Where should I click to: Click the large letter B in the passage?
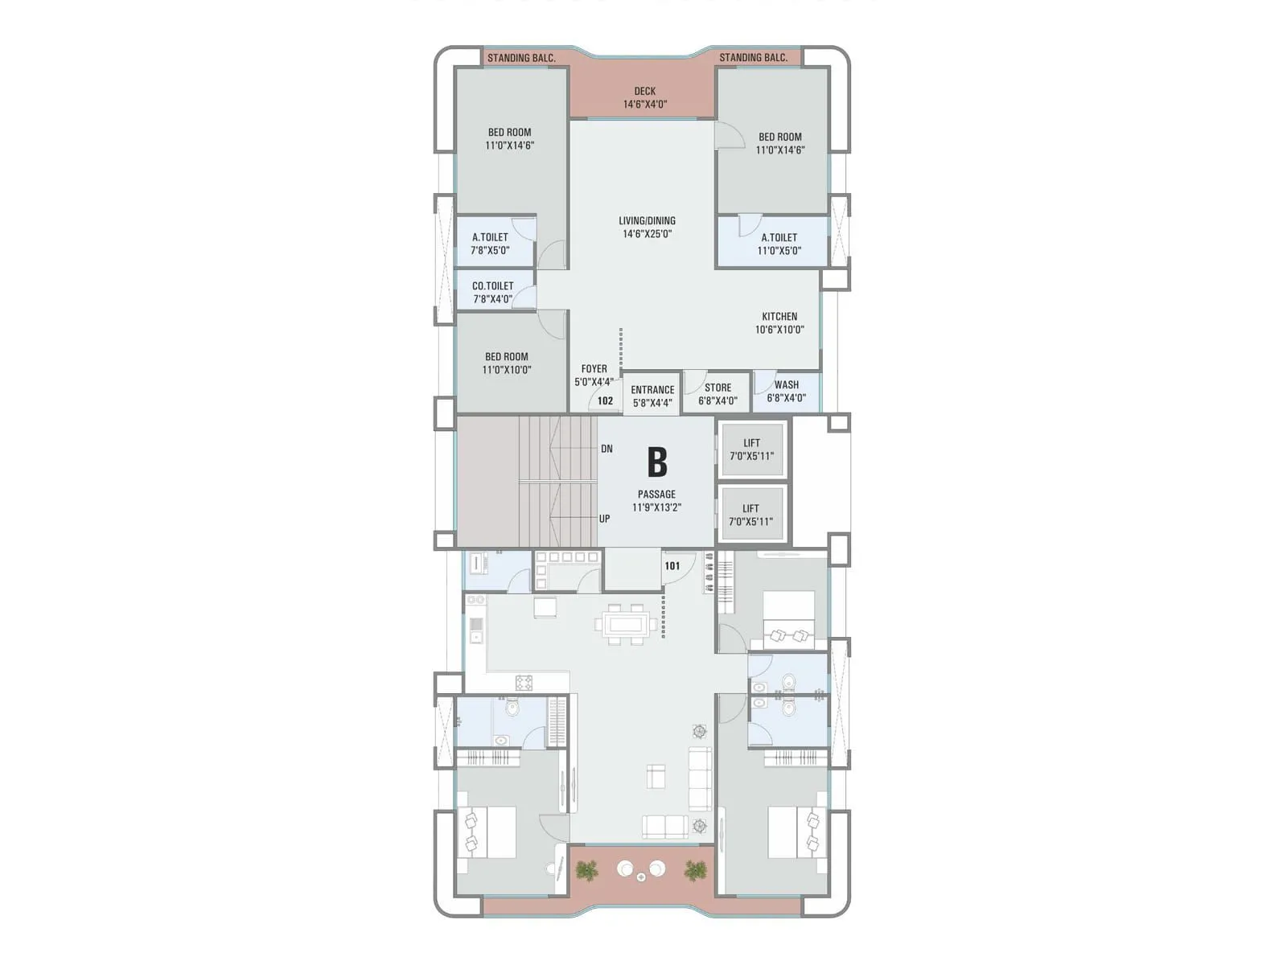pyautogui.click(x=657, y=462)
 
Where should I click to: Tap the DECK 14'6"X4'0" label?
pyautogui.click(x=644, y=98)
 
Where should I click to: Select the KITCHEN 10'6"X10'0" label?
pyautogui.click(x=779, y=323)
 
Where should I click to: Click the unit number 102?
pyautogui.click(x=605, y=400)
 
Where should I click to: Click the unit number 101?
pyautogui.click(x=672, y=566)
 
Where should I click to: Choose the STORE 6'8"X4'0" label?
pyautogui.click(x=718, y=394)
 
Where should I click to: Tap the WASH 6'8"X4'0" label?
pyautogui.click(x=786, y=392)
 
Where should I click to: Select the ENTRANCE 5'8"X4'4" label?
pyautogui.click(x=652, y=396)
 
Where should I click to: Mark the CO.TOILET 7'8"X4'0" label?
pyautogui.click(x=492, y=293)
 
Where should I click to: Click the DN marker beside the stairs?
pyautogui.click(x=606, y=449)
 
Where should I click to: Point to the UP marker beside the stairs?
pyautogui.click(x=604, y=519)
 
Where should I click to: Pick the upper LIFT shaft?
pyautogui.click(x=751, y=450)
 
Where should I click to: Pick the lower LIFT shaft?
pyautogui.click(x=750, y=515)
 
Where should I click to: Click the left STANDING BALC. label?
pyautogui.click(x=521, y=58)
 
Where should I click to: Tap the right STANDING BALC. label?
pyautogui.click(x=753, y=58)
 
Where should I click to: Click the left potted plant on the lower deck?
pyautogui.click(x=587, y=869)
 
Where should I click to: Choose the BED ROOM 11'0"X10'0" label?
pyautogui.click(x=507, y=363)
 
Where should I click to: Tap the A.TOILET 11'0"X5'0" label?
pyautogui.click(x=779, y=244)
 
